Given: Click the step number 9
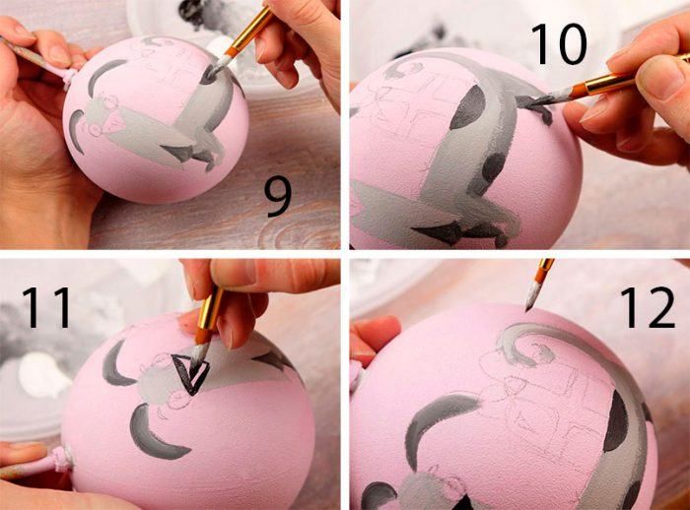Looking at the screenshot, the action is pos(278,198).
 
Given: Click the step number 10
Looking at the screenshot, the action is pos(559,44).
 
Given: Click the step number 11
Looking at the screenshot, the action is pos(47,307).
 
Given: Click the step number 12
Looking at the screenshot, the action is pos(648,307).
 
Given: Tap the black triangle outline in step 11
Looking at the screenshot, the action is pos(190,373).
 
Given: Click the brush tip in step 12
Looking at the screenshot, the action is pos(532,296).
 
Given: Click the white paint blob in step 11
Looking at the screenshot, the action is pos(43,374).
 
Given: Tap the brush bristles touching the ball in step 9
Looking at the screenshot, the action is pos(216,66).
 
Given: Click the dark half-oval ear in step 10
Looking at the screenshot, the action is pos(467,107).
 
